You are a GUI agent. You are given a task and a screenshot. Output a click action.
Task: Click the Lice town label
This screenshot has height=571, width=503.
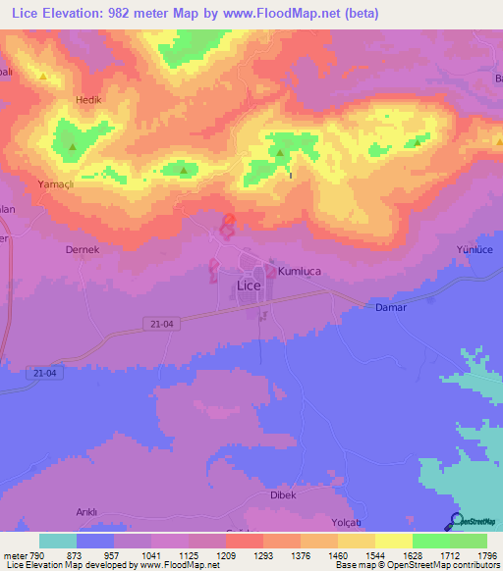(x=250, y=285)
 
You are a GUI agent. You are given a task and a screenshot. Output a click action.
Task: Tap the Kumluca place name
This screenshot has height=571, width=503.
(x=301, y=270)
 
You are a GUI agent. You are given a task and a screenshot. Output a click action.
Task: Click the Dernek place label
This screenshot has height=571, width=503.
(x=83, y=249)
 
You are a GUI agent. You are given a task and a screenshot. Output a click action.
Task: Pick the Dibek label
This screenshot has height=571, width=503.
(x=284, y=494)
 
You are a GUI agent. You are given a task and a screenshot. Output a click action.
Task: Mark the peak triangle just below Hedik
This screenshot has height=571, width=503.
(x=73, y=148)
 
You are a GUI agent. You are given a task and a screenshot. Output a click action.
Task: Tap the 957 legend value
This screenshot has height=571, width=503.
(x=112, y=556)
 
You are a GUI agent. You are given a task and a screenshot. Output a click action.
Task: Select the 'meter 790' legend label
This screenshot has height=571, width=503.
(x=21, y=556)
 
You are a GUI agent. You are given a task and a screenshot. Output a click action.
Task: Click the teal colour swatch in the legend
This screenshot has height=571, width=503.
(x=57, y=541)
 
